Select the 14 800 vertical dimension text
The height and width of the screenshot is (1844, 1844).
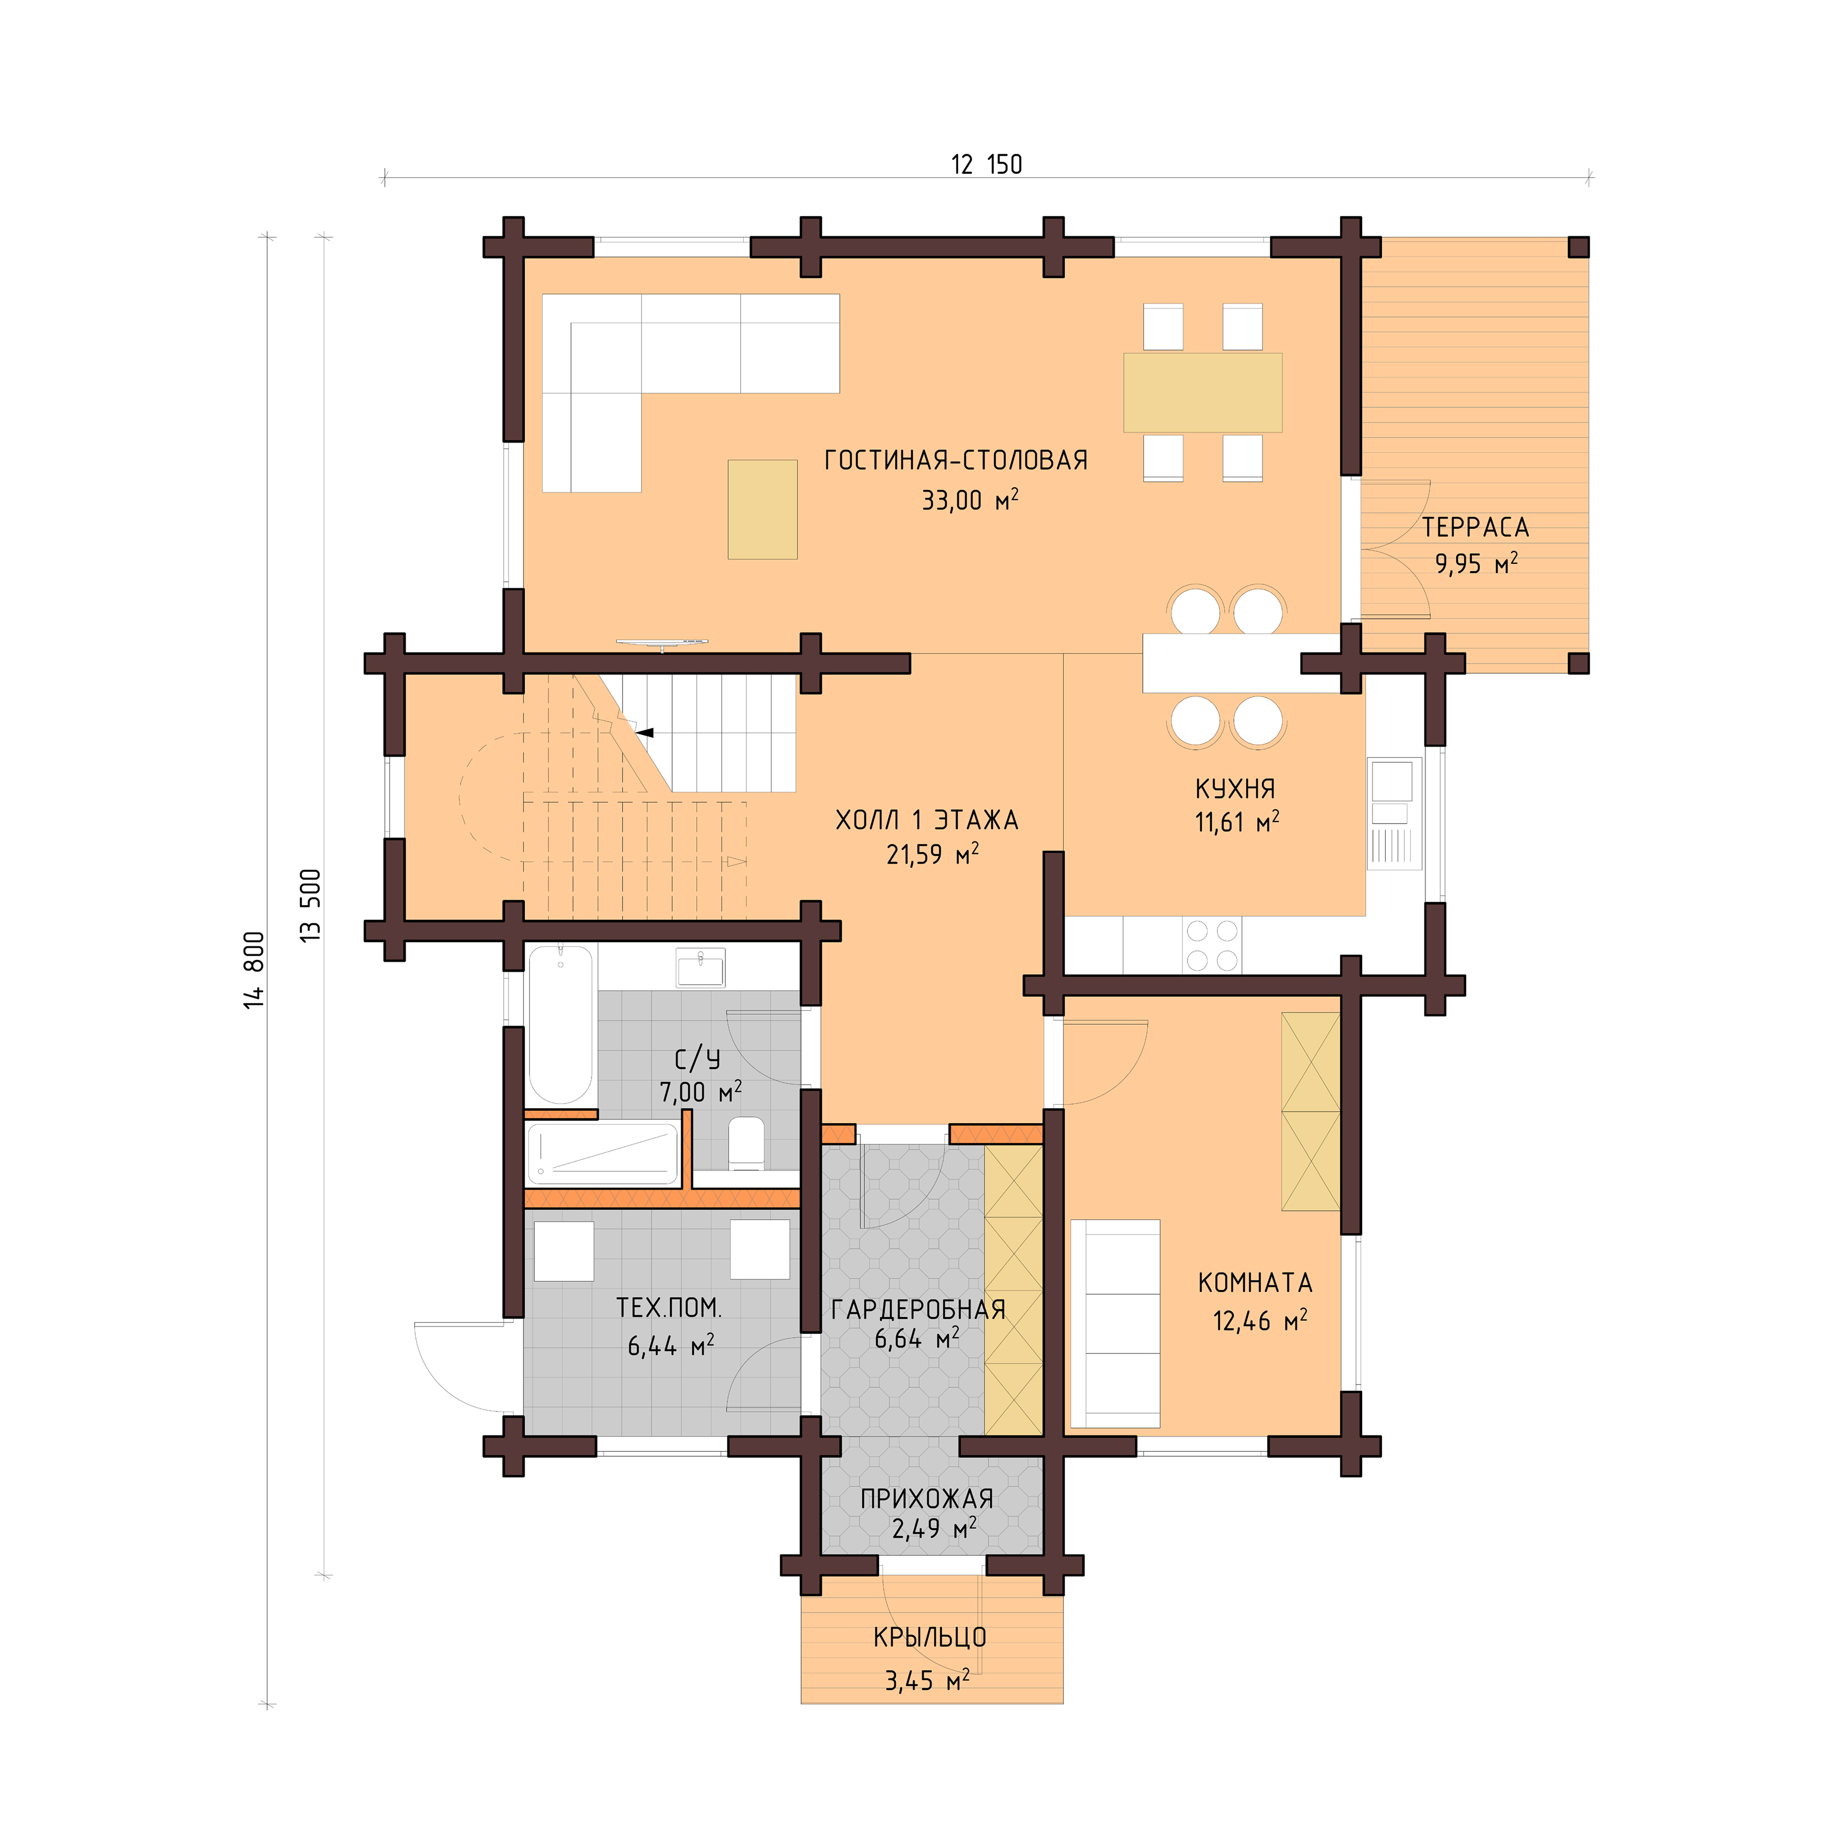[x=253, y=969]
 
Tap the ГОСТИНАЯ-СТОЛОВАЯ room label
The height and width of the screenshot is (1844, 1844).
[x=956, y=461]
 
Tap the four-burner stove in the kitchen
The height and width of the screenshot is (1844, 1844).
[x=1211, y=945]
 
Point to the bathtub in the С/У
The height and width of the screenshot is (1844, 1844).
[x=560, y=1024]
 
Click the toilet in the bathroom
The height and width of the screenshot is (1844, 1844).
[x=745, y=1143]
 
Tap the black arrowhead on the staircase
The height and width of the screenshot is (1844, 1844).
[x=646, y=732]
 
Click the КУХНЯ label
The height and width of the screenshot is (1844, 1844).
[x=1234, y=790]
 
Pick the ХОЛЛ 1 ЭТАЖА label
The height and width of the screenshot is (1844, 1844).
[x=926, y=820]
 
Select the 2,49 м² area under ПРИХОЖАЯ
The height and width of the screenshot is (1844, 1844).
[x=933, y=1529]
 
